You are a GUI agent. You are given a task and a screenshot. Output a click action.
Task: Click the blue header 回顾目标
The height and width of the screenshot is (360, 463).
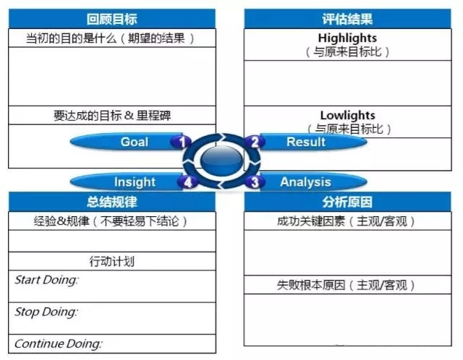coord(112,19)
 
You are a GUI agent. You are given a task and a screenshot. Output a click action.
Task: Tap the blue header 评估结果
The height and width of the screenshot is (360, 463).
coord(347,19)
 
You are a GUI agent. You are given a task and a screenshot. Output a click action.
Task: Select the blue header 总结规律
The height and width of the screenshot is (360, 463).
coord(112,202)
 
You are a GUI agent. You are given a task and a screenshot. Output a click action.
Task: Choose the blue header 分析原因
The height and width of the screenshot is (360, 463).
coord(347,202)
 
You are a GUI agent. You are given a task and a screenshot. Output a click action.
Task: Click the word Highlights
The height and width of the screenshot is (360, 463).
coord(347,38)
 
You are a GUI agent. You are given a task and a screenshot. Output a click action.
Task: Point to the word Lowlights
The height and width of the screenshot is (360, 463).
coord(347,115)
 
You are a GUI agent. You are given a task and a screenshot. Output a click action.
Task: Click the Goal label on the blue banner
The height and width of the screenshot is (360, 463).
coord(135,142)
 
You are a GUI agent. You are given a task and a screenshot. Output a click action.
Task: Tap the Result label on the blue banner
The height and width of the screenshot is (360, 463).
coord(306,142)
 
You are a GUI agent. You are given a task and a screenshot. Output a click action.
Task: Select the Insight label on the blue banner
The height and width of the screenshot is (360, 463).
coord(135,182)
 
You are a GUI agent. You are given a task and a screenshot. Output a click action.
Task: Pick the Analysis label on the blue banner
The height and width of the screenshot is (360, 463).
coord(305,182)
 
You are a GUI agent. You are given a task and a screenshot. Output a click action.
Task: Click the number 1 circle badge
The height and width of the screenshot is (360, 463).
coord(182,142)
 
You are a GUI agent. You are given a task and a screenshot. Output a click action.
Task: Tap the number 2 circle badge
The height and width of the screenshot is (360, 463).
coord(255,142)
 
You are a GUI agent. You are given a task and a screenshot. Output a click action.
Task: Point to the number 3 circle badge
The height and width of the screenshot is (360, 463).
coord(255,181)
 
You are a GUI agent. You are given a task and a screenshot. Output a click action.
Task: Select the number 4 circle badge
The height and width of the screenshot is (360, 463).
coord(188,182)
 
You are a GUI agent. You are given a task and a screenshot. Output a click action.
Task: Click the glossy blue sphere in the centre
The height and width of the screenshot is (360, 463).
coord(221,160)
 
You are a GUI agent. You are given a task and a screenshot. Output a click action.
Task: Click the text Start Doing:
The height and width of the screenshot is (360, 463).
coord(46,280)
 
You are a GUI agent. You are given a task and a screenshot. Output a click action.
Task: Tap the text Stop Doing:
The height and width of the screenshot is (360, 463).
coord(46,312)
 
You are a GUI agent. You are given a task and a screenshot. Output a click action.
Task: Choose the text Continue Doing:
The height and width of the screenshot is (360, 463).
coord(59,343)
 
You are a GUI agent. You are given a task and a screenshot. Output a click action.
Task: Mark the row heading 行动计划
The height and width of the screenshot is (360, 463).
coord(112,262)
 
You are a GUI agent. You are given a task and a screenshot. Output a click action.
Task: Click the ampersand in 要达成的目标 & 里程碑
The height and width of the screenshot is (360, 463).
coord(129,116)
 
